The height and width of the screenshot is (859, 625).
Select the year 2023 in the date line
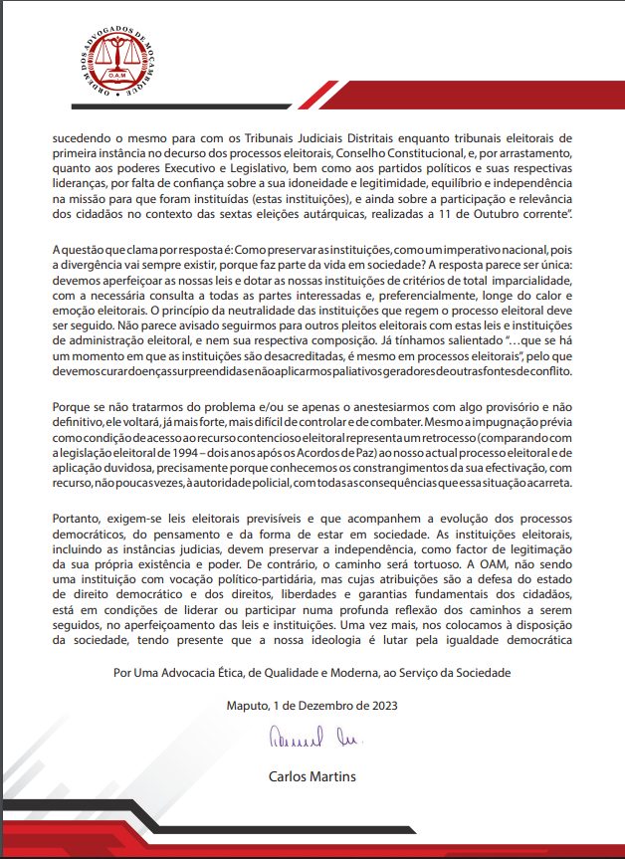pyautogui.click(x=380, y=706)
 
